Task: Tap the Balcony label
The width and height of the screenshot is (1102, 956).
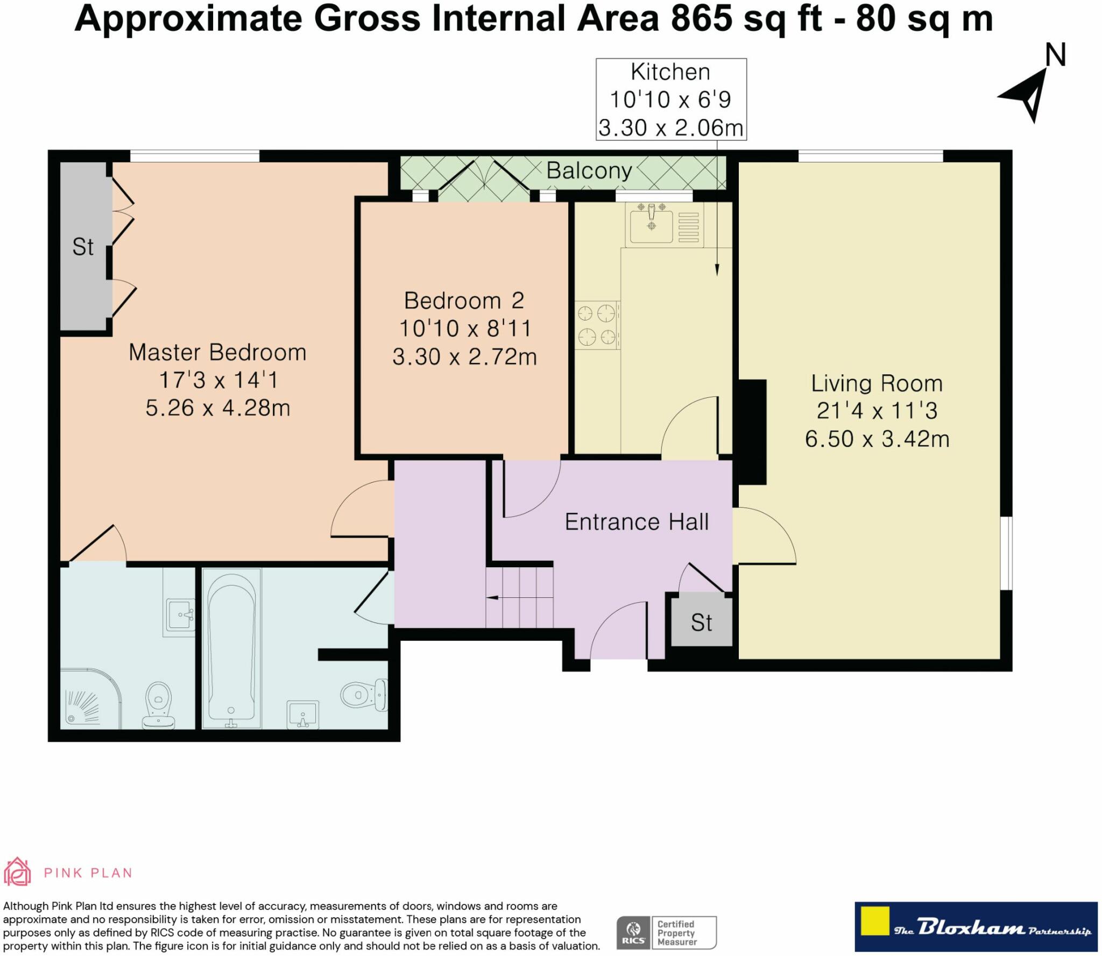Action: (x=589, y=171)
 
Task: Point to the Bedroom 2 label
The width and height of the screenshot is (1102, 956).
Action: (x=464, y=301)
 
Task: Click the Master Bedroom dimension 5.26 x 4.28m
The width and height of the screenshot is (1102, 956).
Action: (x=218, y=408)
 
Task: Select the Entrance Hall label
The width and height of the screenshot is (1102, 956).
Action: (x=637, y=522)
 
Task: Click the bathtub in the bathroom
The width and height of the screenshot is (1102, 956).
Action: (x=231, y=649)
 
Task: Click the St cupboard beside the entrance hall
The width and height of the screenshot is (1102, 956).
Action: (x=702, y=621)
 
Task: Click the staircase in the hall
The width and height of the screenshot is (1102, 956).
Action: (x=520, y=597)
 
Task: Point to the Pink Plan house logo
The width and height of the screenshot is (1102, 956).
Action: (x=17, y=872)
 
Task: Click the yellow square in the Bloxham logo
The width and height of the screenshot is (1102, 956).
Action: (x=874, y=922)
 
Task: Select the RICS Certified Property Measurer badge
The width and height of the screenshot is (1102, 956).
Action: (x=666, y=933)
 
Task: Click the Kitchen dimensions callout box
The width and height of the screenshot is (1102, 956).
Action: (x=671, y=99)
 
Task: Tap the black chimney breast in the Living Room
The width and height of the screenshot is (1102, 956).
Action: (x=752, y=432)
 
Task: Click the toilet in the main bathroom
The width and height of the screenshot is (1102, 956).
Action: (x=364, y=695)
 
